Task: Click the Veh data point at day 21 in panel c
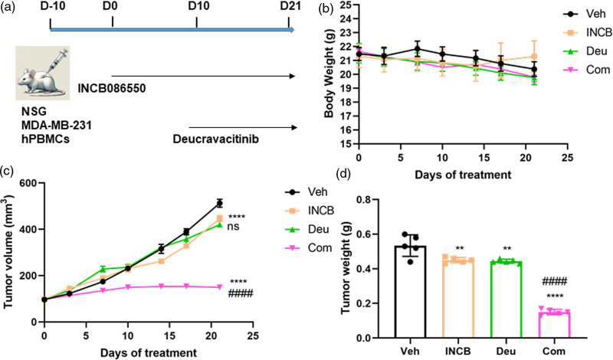220,203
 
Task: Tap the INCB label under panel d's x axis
459,352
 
